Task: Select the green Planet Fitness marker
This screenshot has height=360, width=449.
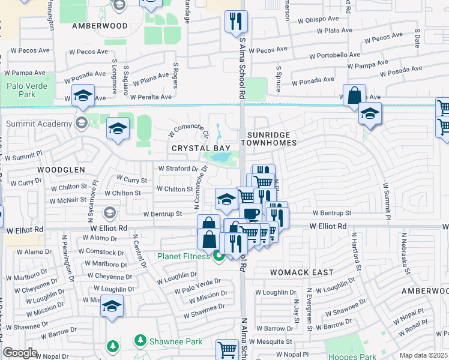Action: click(x=219, y=257)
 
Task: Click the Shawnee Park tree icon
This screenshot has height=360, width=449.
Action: click(x=140, y=341)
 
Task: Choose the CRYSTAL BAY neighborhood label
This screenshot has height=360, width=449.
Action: click(x=193, y=148)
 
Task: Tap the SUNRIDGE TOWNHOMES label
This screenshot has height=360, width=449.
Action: click(x=269, y=138)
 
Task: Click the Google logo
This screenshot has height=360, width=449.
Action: click(x=20, y=352)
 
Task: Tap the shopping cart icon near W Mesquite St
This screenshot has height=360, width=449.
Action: click(x=228, y=350)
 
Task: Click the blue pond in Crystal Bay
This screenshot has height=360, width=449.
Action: click(x=220, y=157)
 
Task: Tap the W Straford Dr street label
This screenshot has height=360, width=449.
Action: click(x=177, y=169)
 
